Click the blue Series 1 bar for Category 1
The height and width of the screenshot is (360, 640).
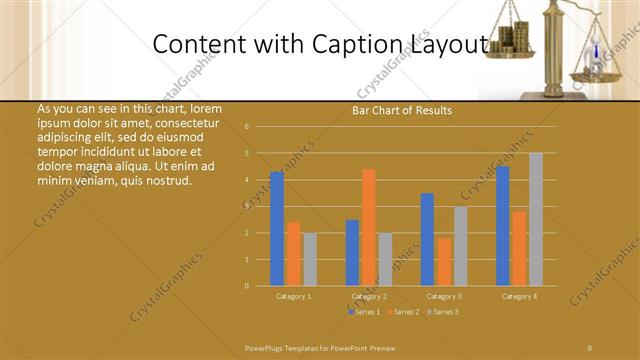[x=277, y=229]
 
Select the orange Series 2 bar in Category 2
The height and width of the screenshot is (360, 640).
[x=369, y=227]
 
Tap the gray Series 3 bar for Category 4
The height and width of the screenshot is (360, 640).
[x=536, y=219]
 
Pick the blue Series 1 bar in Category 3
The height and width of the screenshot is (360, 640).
[x=427, y=239]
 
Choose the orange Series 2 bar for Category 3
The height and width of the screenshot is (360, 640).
[x=443, y=261]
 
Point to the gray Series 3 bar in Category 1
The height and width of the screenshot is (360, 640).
[x=309, y=259]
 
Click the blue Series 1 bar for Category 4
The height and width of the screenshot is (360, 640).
[x=503, y=226]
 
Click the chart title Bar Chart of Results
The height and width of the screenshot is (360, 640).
[x=402, y=111]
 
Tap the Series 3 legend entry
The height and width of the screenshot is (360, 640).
[x=444, y=312]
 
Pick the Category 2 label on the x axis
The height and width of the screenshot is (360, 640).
[x=369, y=297]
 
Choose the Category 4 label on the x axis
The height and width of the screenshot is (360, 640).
[x=519, y=297]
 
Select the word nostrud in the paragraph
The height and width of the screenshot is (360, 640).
[x=167, y=180]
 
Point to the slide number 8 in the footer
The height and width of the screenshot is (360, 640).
[x=589, y=347]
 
